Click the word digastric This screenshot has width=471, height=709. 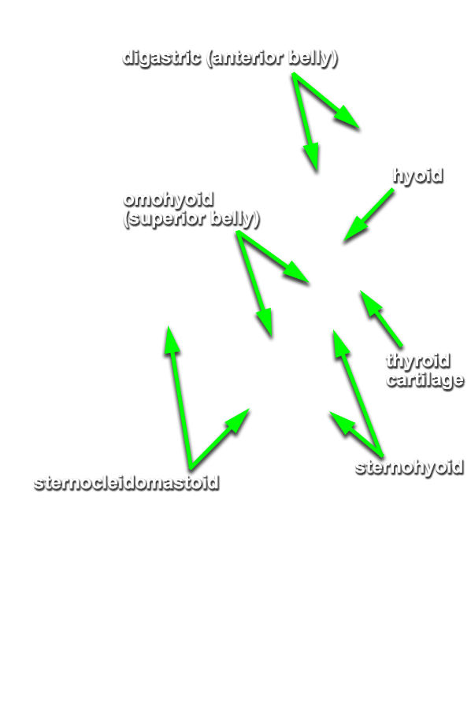161,58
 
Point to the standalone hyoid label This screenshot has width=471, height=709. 417,176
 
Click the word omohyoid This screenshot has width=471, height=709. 168,199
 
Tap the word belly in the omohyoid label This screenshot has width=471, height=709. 235,218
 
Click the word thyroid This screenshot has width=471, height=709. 417,362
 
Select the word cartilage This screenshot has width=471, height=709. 425,380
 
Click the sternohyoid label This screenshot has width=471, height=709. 409,467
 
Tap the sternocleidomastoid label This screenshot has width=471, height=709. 127,483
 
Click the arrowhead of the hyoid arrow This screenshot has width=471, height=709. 344,243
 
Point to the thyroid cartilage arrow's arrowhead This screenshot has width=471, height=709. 361,291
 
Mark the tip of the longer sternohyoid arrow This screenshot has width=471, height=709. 334,331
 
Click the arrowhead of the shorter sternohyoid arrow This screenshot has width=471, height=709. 330,412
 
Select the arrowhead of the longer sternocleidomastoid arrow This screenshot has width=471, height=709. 168,326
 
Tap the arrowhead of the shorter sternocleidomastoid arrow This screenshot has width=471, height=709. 249,409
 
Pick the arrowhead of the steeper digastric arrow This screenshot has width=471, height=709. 316,172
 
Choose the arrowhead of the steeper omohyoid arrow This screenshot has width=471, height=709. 271,336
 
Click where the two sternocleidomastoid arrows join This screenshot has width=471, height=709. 191,467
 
